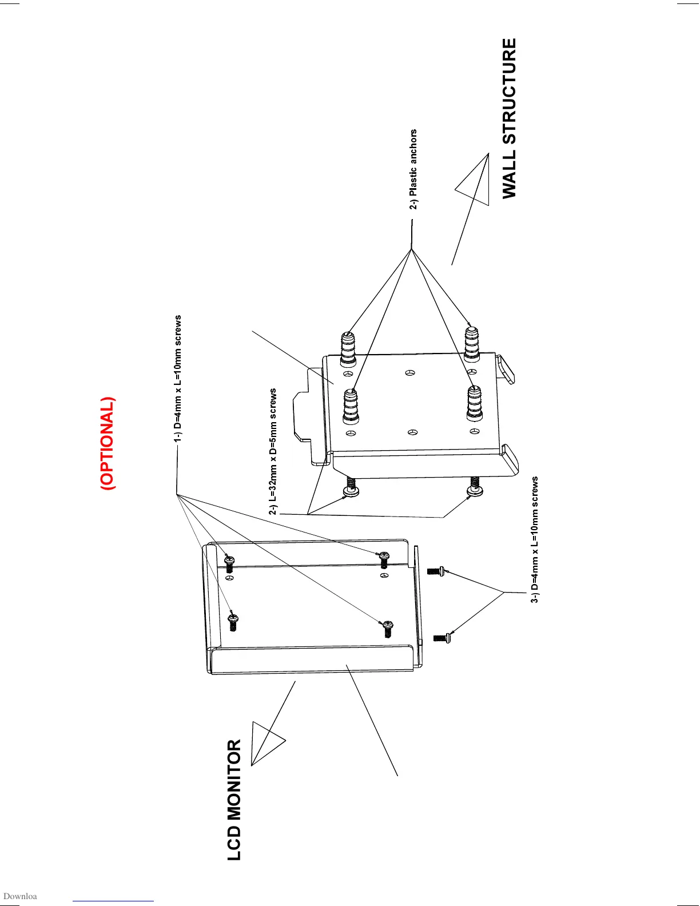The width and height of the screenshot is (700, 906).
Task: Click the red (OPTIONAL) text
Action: coord(108,444)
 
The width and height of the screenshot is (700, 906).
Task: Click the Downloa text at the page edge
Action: coord(20,896)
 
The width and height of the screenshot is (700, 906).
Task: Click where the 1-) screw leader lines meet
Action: coord(177,493)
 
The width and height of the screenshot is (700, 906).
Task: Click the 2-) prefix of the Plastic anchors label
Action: coord(413,203)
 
